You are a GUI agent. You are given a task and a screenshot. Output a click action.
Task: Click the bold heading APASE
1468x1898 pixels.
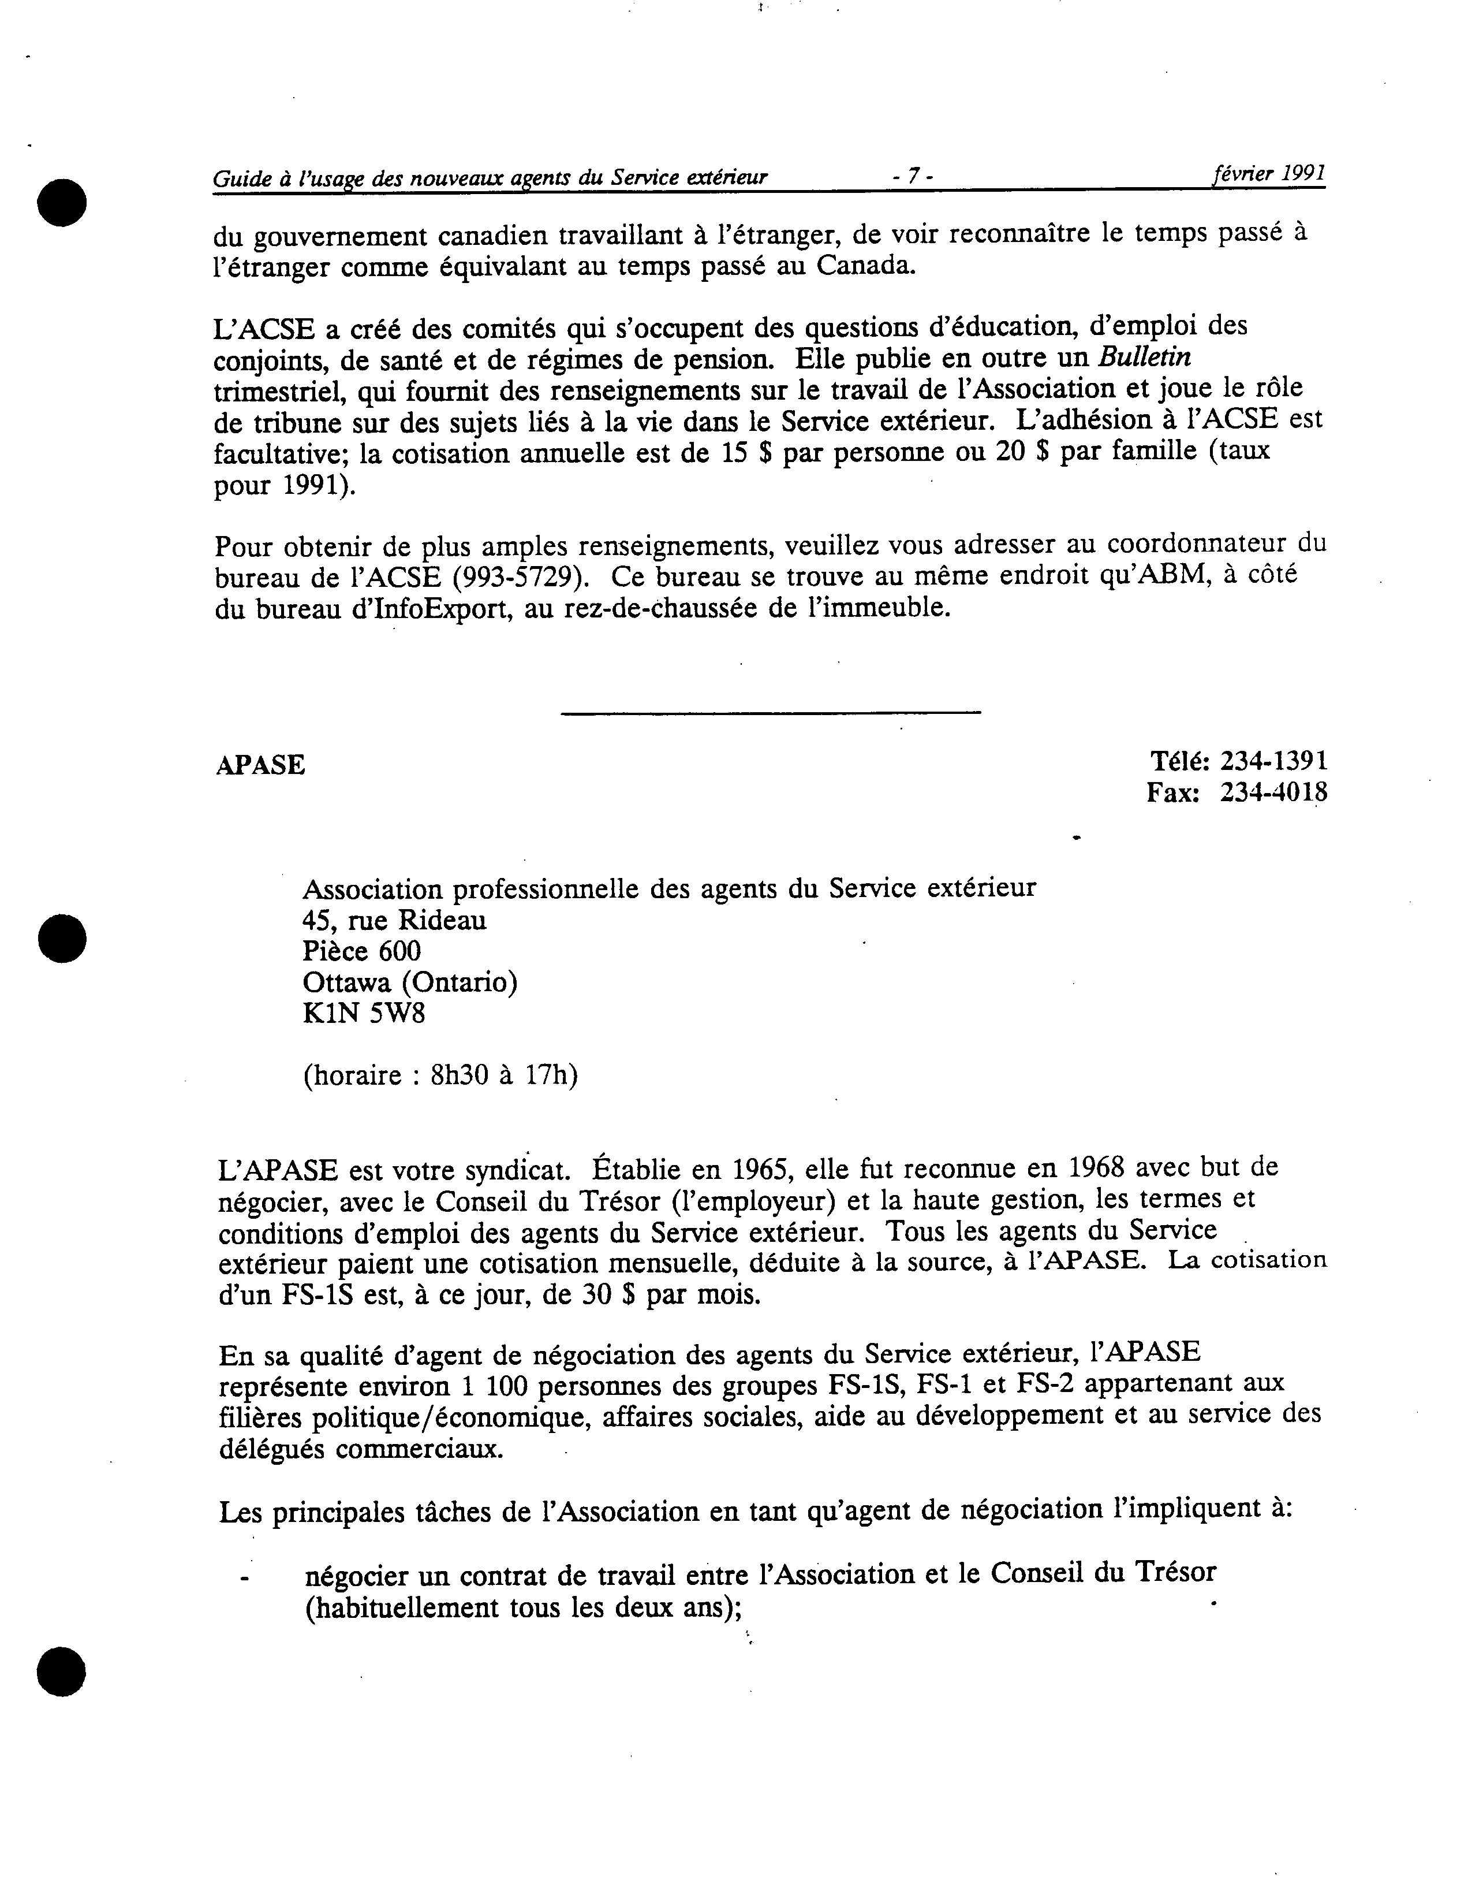[260, 765]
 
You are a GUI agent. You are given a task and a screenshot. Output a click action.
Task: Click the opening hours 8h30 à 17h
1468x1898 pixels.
[504, 1076]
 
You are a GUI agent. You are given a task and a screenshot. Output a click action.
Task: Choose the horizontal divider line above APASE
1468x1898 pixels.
[771, 713]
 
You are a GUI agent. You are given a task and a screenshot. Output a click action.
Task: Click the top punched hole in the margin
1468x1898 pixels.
[62, 203]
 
